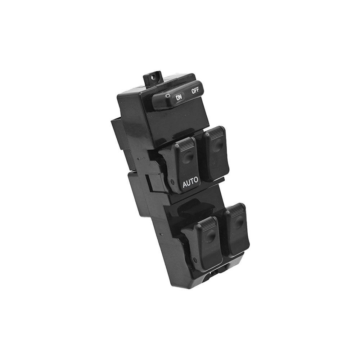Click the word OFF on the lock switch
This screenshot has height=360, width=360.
[195, 91]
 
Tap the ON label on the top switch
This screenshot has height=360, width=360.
[179, 98]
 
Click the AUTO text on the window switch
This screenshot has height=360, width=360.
[190, 184]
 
